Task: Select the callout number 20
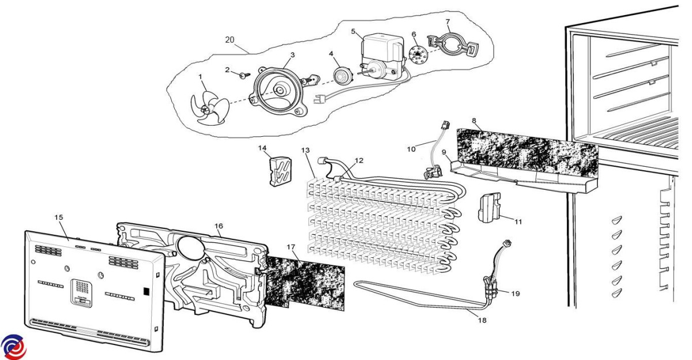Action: click(x=230, y=40)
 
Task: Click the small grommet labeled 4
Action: click(x=343, y=75)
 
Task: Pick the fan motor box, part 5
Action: click(x=380, y=49)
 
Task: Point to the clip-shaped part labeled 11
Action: click(x=488, y=207)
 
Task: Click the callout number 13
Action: click(x=306, y=151)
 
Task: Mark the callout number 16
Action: click(x=219, y=226)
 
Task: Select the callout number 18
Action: click(x=482, y=320)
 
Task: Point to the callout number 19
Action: click(x=515, y=294)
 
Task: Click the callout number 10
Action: click(x=411, y=149)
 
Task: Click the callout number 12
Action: click(x=359, y=160)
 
